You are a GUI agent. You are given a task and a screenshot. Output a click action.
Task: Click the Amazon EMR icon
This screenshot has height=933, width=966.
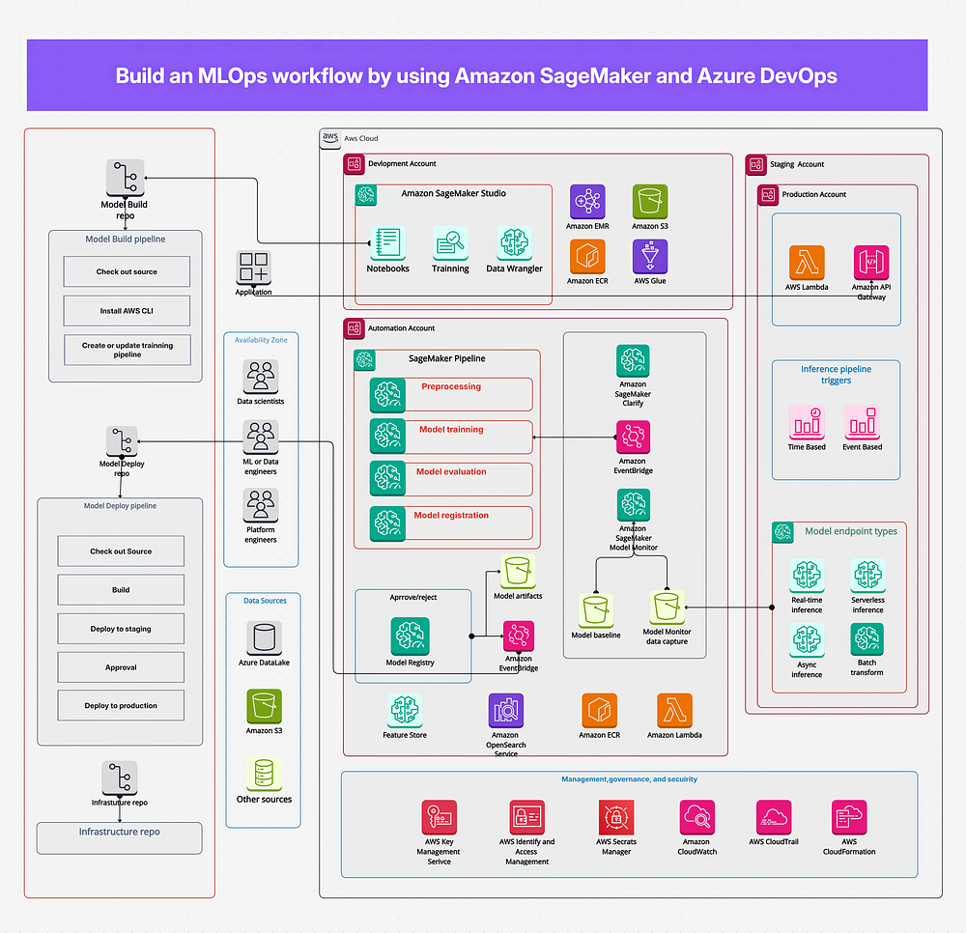[587, 202]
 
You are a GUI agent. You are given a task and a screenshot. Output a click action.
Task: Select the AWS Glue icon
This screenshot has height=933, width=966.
[650, 257]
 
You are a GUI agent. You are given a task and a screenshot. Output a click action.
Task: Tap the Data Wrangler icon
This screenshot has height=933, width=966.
[514, 243]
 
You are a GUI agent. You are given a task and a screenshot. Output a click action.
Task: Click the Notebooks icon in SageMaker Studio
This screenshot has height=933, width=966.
[387, 243]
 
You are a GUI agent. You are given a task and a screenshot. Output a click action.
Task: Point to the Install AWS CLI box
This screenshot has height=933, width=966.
[127, 310]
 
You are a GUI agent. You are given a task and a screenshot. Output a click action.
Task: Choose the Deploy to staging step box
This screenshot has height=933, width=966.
[121, 629]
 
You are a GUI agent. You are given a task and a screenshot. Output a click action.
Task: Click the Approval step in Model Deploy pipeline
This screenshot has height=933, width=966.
[121, 667]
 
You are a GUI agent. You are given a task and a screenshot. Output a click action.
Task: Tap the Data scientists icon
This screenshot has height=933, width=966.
[261, 376]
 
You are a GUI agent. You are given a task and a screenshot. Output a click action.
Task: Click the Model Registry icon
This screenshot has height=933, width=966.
[409, 636]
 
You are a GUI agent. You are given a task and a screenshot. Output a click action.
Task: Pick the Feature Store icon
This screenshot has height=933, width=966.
[404, 711]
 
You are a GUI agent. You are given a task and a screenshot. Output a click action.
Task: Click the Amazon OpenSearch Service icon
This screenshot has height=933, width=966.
[505, 711]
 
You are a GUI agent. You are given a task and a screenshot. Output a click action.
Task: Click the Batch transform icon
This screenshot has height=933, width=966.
[867, 638]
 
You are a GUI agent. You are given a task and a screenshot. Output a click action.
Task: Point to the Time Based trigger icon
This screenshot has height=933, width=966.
[807, 422]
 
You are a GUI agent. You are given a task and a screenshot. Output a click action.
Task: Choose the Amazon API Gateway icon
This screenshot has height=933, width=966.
[871, 263]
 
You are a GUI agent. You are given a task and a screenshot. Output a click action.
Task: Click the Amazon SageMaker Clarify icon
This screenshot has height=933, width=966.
[633, 362]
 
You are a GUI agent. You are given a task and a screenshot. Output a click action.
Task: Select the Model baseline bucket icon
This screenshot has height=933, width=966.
[595, 610]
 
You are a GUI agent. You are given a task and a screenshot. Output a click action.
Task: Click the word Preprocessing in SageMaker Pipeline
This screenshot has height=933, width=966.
[450, 386]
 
